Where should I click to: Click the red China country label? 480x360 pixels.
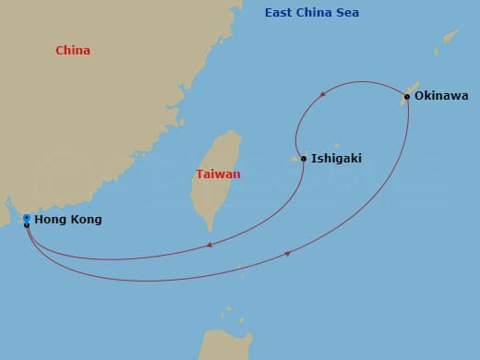click(73, 51)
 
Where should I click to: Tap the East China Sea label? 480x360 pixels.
click(312, 13)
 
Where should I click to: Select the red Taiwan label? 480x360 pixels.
click(218, 174)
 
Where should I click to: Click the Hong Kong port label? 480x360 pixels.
click(67, 220)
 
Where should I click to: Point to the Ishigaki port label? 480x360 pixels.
click(336, 159)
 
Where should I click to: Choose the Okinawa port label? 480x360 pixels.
click(441, 96)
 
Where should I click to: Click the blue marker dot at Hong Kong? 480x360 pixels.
click(27, 218)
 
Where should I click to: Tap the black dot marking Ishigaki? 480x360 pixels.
click(304, 159)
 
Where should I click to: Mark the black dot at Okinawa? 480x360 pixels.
click(407, 96)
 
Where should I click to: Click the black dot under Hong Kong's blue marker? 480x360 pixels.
click(27, 224)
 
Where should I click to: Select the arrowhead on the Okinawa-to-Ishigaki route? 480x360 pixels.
click(322, 94)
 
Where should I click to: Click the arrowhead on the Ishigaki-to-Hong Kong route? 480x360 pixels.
click(210, 245)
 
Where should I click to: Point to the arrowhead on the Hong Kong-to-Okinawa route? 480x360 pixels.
click(287, 254)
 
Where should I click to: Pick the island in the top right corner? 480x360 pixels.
click(450, 37)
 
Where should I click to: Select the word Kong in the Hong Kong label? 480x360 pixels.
click(86, 220)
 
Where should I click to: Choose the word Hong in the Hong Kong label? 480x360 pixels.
click(50, 220)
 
